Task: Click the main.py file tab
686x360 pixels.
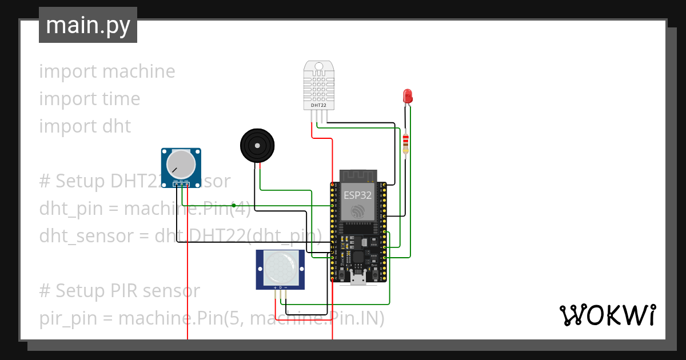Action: coord(87,25)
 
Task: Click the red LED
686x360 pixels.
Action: coord(408,95)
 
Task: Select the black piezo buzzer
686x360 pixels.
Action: coord(257,146)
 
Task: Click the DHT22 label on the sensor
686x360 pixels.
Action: coord(318,105)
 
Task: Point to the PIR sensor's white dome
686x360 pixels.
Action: coord(280,267)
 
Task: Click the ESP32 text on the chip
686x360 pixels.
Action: coord(357,195)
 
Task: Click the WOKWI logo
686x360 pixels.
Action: coord(607,315)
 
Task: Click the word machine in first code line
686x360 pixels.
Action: coord(139,71)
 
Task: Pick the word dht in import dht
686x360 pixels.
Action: coord(117,126)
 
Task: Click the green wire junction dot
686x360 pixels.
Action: coord(234,205)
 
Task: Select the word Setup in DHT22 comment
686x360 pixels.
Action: coord(81,181)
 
